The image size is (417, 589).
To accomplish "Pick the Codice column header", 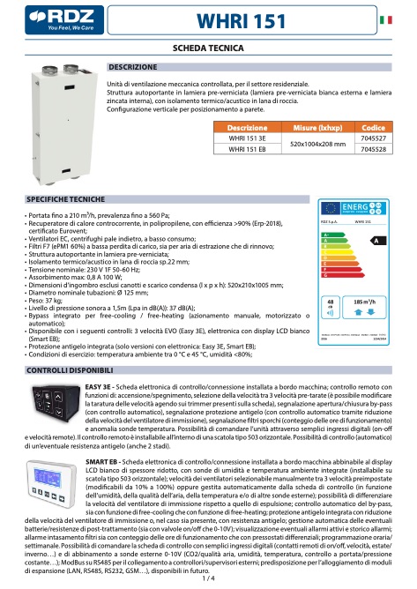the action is [373, 128].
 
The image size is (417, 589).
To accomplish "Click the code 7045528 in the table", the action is [373, 150].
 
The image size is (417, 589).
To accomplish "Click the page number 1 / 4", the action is [208, 579].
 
